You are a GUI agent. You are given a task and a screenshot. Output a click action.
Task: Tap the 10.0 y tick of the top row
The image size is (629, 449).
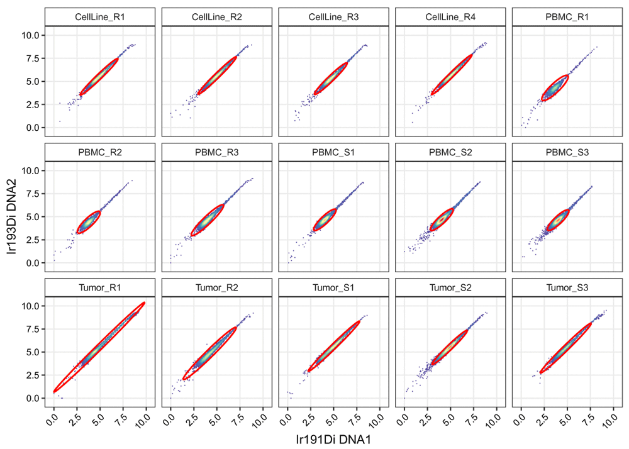coord(32,35)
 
